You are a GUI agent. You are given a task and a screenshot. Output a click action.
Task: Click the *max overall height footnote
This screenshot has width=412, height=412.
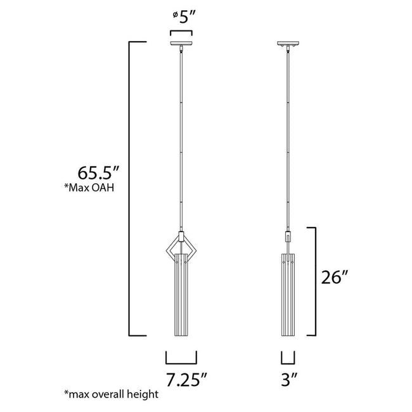[x=110, y=394]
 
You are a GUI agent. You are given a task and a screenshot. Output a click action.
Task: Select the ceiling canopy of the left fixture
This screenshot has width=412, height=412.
[x=181, y=44]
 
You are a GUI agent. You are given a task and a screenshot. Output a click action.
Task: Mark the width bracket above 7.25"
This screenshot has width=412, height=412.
[x=181, y=359]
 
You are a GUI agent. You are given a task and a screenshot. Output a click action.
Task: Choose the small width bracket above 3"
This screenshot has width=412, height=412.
[x=288, y=359]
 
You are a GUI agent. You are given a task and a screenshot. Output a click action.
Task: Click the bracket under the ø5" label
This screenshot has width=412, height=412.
[x=181, y=30]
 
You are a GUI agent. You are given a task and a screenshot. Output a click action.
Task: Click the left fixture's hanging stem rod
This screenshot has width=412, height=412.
[x=181, y=139]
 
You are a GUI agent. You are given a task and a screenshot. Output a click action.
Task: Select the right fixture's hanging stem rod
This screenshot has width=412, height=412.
[x=288, y=139]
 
